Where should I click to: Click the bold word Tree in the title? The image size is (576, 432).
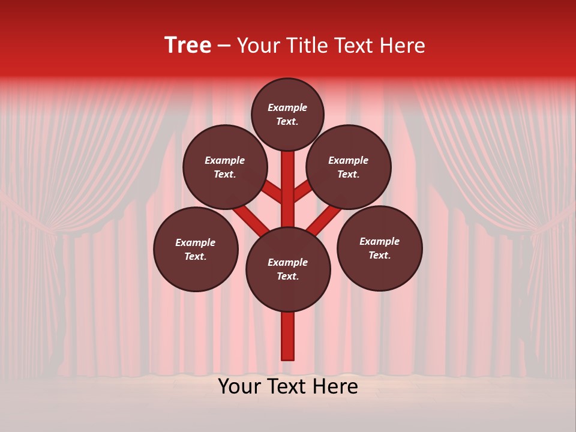click(188, 46)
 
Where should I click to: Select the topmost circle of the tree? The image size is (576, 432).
click(287, 115)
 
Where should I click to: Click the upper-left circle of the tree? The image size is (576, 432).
click(224, 167)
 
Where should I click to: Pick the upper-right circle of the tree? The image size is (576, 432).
click(349, 167)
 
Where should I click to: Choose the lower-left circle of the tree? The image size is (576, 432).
click(196, 250)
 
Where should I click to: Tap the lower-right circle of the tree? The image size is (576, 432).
click(379, 248)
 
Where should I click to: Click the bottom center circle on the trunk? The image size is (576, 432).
click(288, 269)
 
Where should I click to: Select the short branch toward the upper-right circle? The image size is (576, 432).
click(302, 192)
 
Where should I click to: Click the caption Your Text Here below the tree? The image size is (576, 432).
click(288, 386)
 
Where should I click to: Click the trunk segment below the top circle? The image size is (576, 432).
click(288, 180)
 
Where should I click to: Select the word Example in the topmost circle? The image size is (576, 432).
click(287, 108)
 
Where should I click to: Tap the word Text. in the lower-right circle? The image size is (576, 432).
click(379, 256)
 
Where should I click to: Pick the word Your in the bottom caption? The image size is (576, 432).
click(241, 386)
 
